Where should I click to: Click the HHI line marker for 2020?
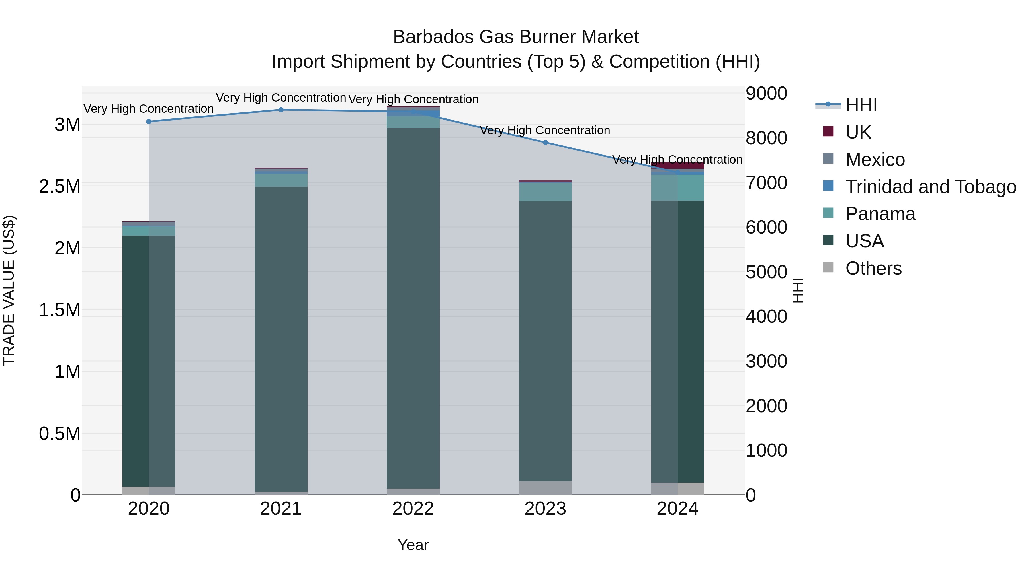148,121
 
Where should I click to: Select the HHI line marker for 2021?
281,110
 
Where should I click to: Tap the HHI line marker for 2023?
545,142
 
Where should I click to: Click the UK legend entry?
858,132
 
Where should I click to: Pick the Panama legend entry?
880,214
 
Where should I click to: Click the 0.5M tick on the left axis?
60,434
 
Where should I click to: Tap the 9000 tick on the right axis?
766,94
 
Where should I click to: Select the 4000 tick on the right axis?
766,316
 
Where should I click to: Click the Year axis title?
413,545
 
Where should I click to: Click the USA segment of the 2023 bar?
545,341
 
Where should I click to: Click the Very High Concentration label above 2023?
545,130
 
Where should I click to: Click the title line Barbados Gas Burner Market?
516,37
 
